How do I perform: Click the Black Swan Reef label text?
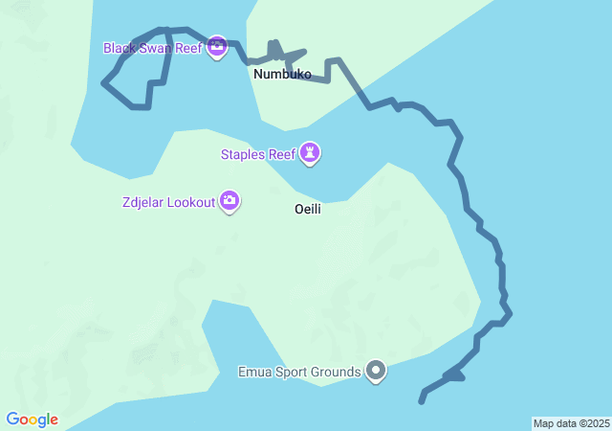point(153,47)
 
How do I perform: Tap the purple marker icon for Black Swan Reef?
point(217,46)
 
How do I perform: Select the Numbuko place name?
point(282,74)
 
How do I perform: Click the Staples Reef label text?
point(257,153)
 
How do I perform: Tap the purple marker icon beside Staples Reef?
point(310,152)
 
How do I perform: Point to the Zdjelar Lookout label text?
point(168,202)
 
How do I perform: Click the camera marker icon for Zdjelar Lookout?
point(229,201)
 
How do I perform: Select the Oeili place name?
point(307,209)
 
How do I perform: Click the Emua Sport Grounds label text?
point(299,372)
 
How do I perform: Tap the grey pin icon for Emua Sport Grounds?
point(376,371)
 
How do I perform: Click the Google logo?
point(32,420)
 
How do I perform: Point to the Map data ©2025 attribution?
point(571,423)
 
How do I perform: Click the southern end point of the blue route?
point(422,401)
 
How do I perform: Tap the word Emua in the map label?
point(254,372)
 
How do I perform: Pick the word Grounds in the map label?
point(337,372)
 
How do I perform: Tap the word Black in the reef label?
point(122,47)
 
